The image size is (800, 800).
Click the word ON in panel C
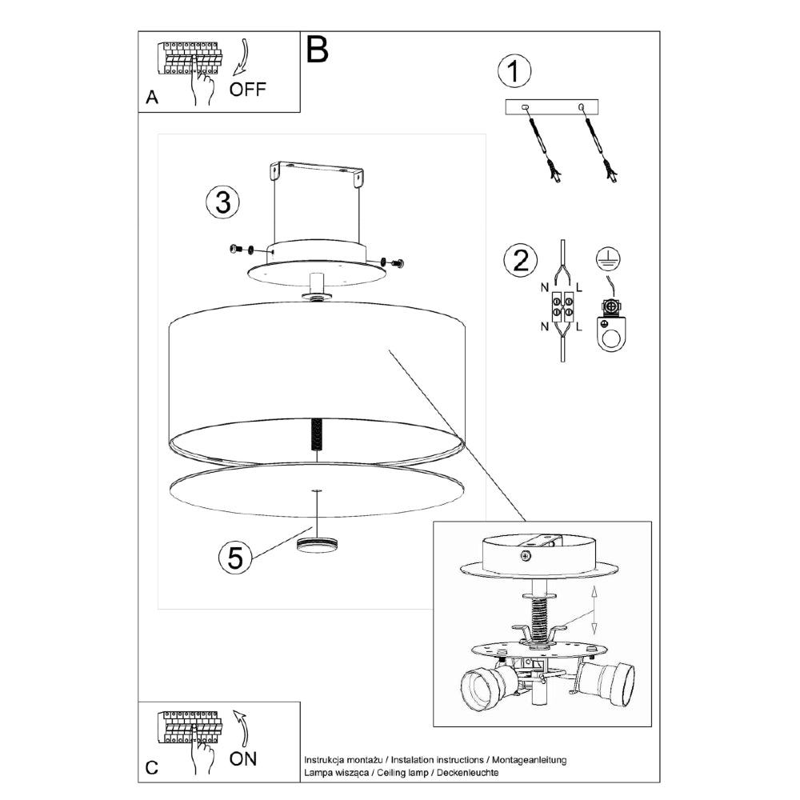pyautogui.click(x=243, y=758)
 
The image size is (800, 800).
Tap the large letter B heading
pyautogui.click(x=317, y=50)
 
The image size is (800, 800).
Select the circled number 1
pyautogui.click(x=514, y=72)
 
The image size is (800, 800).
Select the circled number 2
pyautogui.click(x=520, y=261)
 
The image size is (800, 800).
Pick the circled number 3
pyautogui.click(x=222, y=202)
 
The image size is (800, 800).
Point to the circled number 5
pyautogui.click(x=235, y=557)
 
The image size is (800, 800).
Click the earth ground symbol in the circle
pyautogui.click(x=610, y=258)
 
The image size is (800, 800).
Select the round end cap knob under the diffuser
pyautogui.click(x=317, y=545)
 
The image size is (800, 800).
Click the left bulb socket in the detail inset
pyautogui.click(x=486, y=689)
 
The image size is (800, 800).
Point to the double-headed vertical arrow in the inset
pyautogui.click(x=593, y=610)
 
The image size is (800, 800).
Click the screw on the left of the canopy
pyautogui.click(x=235, y=250)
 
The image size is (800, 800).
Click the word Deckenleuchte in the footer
pyautogui.click(x=467, y=774)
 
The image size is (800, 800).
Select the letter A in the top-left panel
pyautogui.click(x=152, y=98)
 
